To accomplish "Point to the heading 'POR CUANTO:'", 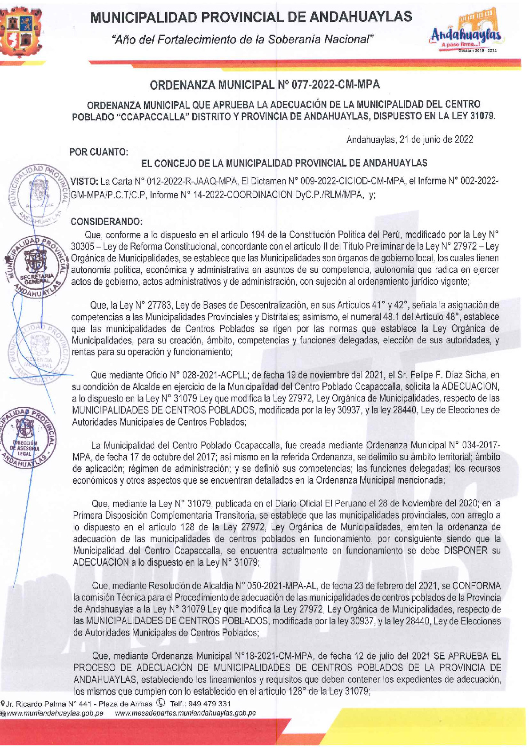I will tap(99, 152).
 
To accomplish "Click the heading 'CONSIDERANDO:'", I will tap(107, 221).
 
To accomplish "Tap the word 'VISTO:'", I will tap(84, 181).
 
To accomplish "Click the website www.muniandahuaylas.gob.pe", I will tap(55, 713).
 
